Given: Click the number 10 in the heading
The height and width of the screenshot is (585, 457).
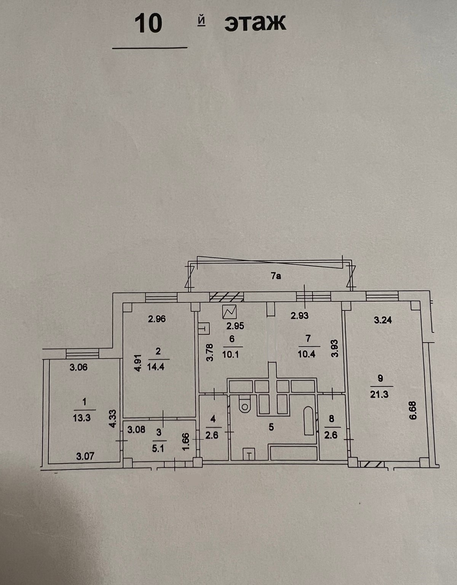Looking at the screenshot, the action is pyautogui.click(x=148, y=24).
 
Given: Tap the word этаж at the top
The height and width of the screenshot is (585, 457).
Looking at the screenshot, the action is pyautogui.click(x=255, y=23).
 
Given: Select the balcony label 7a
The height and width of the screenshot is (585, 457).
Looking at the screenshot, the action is pyautogui.click(x=276, y=276).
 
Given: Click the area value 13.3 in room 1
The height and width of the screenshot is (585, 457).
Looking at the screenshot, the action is pyautogui.click(x=81, y=418).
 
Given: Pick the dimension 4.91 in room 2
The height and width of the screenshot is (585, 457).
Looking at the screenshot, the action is pyautogui.click(x=139, y=362).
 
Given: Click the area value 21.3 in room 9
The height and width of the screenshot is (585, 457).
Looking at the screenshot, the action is pyautogui.click(x=379, y=394).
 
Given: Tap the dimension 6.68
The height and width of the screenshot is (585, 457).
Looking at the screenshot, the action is pyautogui.click(x=414, y=411).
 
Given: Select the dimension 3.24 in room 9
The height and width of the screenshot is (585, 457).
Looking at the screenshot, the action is pyautogui.click(x=383, y=320).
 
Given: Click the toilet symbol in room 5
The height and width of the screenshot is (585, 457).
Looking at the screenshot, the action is pyautogui.click(x=244, y=405).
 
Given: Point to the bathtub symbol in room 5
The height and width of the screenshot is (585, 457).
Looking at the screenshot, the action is pyautogui.click(x=308, y=421).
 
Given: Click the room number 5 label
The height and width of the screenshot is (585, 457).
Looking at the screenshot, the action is pyautogui.click(x=271, y=427).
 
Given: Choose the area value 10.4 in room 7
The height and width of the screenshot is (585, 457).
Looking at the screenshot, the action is pyautogui.click(x=307, y=354).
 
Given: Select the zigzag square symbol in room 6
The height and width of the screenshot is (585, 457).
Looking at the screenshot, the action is pyautogui.click(x=230, y=312).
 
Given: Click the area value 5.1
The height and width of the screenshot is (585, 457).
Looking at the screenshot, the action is pyautogui.click(x=158, y=448).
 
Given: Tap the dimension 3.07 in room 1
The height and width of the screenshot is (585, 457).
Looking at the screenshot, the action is pyautogui.click(x=85, y=456).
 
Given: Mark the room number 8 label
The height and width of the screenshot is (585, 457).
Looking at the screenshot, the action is pyautogui.click(x=331, y=419).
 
